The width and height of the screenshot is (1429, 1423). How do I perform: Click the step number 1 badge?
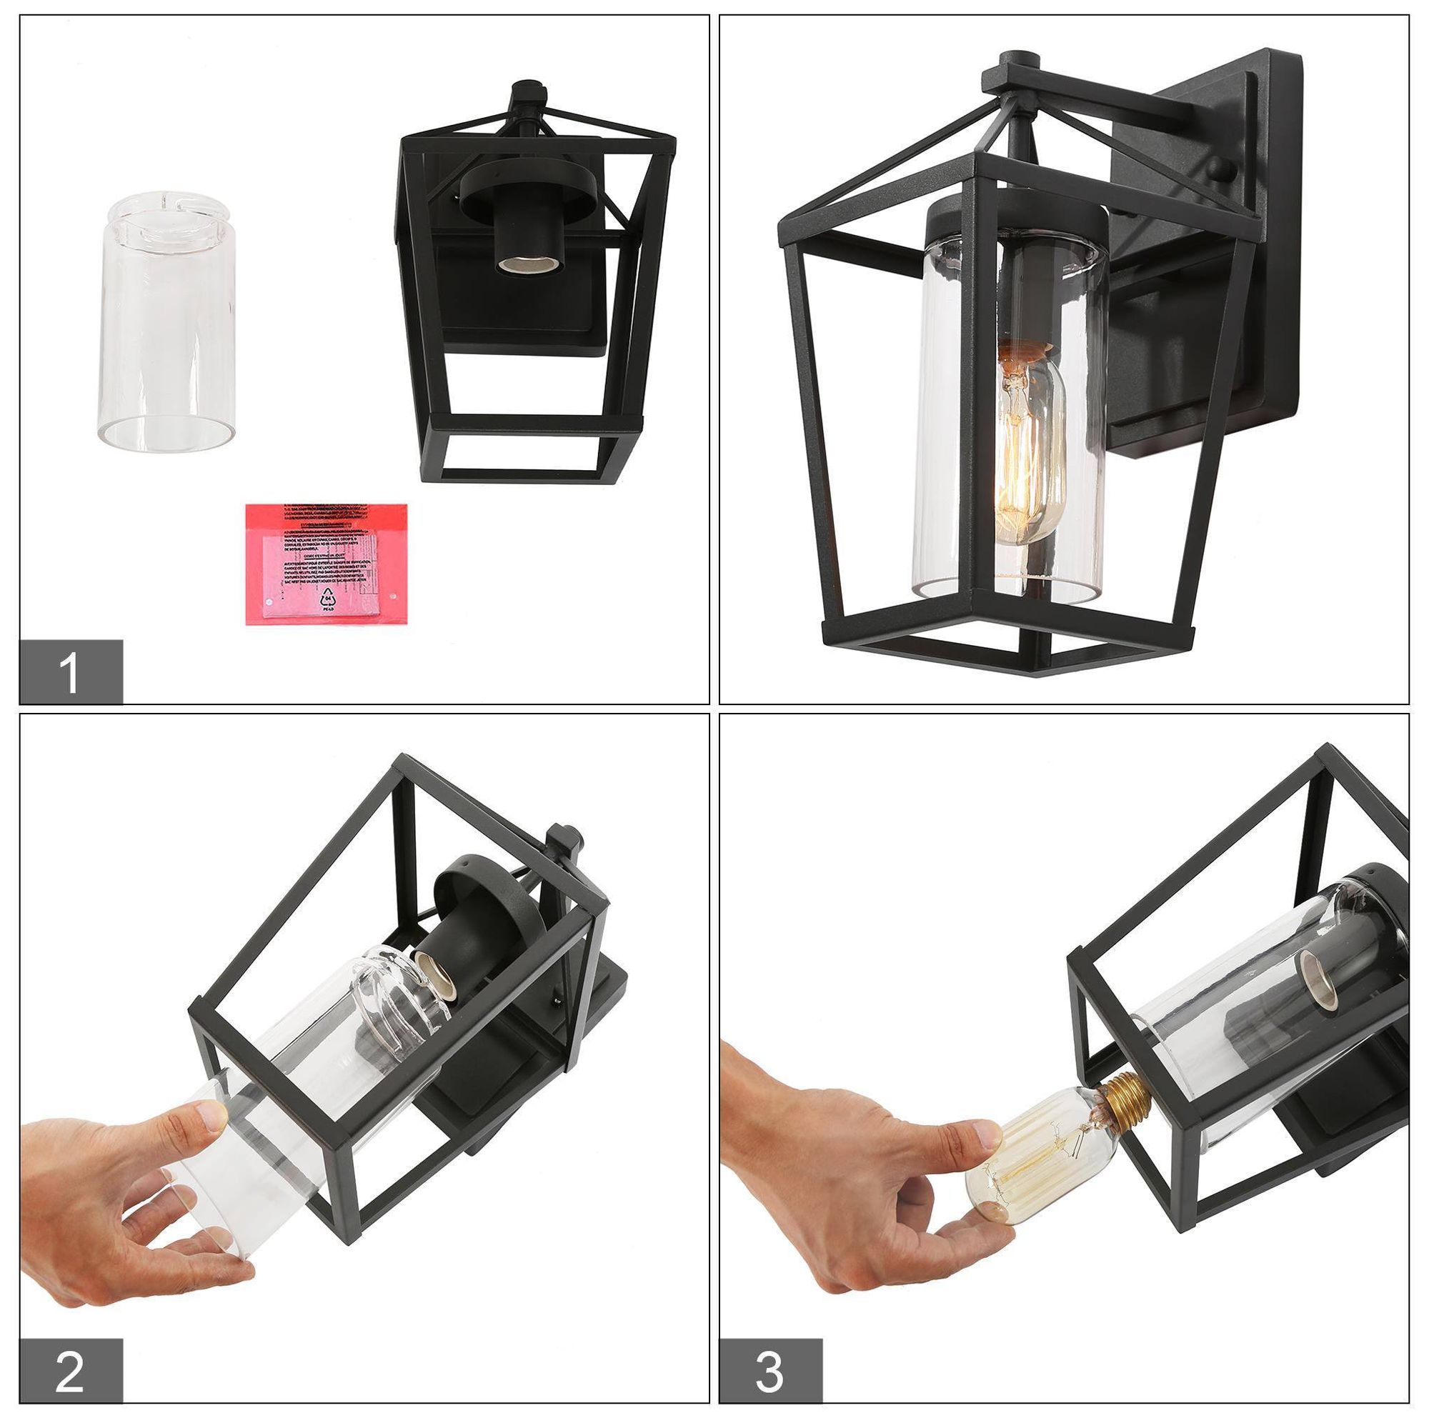(x=71, y=671)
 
